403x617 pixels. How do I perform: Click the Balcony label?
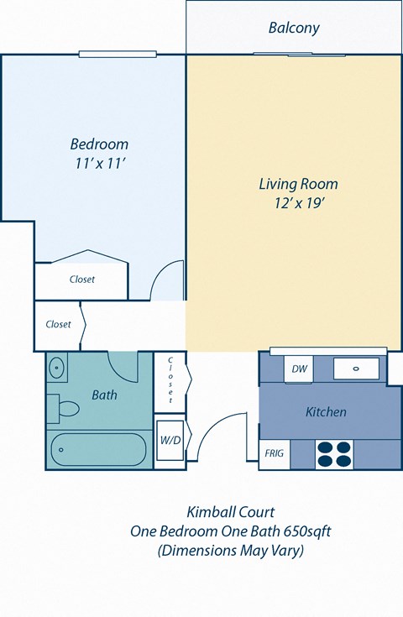click(x=294, y=28)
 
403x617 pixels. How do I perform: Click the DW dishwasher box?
click(x=299, y=369)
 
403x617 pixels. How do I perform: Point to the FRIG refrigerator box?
click(x=275, y=453)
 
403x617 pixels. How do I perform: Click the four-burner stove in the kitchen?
click(x=333, y=453)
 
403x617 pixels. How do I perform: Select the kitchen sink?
click(x=356, y=369)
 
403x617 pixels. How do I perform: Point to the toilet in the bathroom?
click(x=65, y=409)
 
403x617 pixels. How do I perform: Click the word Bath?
click(x=104, y=395)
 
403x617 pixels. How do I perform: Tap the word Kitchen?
click(x=326, y=411)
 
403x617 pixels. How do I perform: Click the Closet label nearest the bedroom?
click(x=81, y=280)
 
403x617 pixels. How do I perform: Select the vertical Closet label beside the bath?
click(x=170, y=380)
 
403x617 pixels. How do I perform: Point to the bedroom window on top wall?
click(x=118, y=55)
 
